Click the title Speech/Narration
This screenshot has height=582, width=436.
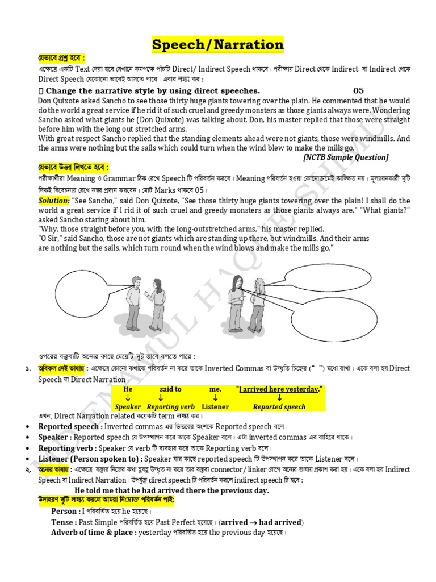pyautogui.click(x=218, y=44)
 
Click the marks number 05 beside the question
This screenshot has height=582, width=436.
pyautogui.click(x=358, y=90)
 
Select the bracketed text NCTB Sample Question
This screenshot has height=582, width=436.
pyautogui.click(x=346, y=157)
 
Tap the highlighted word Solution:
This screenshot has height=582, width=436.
pyautogui.click(x=54, y=201)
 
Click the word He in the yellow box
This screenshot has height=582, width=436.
pyautogui.click(x=128, y=389)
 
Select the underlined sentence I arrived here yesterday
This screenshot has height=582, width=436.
pyautogui.click(x=279, y=389)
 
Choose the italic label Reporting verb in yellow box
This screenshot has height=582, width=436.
pyautogui.click(x=170, y=407)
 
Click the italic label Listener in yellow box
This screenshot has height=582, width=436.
pyautogui.click(x=215, y=407)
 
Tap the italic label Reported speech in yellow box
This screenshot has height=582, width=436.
pyautogui.click(x=279, y=407)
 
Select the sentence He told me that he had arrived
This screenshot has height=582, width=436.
pyautogui.click(x=171, y=490)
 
